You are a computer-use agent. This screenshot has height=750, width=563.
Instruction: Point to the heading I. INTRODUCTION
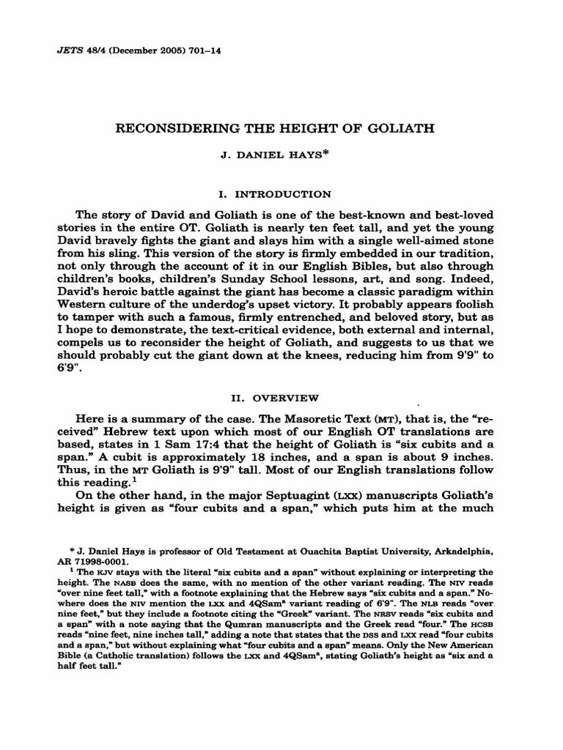click(282, 194)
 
